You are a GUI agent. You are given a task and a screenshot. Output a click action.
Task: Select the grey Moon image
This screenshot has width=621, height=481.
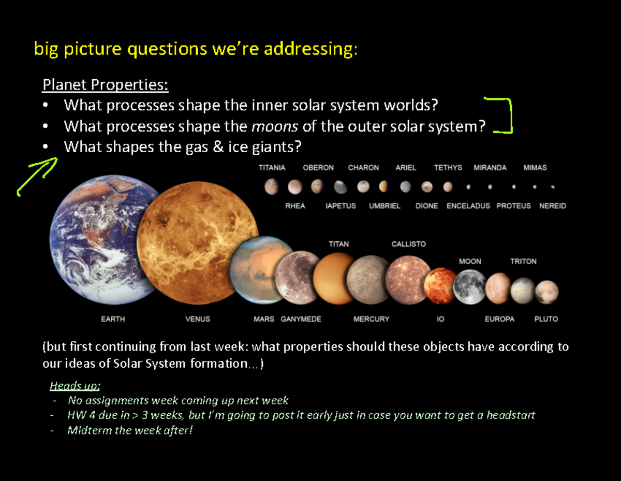point(469,286)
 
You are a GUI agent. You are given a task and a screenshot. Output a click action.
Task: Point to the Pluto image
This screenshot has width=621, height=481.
point(546,291)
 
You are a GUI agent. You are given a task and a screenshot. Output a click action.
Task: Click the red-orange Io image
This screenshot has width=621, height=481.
point(439,286)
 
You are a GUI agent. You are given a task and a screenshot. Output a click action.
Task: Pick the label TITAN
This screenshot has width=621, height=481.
point(338,244)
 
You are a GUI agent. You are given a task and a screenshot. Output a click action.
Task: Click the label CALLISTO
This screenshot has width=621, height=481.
point(408,244)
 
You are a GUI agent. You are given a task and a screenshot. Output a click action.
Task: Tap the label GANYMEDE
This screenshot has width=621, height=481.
point(301,319)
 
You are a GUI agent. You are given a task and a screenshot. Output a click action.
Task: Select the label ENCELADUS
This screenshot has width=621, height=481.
point(468,206)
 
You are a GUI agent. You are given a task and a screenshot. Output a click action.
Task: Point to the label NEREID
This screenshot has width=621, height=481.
point(552,206)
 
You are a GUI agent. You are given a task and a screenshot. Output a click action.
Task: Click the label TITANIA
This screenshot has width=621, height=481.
point(272,168)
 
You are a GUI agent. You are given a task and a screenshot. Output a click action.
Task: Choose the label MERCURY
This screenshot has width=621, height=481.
point(371,319)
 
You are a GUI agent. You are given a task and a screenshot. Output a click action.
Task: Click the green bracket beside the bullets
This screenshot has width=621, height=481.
point(505,115)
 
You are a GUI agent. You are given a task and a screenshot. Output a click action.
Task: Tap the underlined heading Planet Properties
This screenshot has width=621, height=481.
point(105,84)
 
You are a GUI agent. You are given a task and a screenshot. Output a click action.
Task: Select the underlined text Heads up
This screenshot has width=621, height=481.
point(75,386)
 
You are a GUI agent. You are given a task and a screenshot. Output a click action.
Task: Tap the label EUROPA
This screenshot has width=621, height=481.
point(499,319)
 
